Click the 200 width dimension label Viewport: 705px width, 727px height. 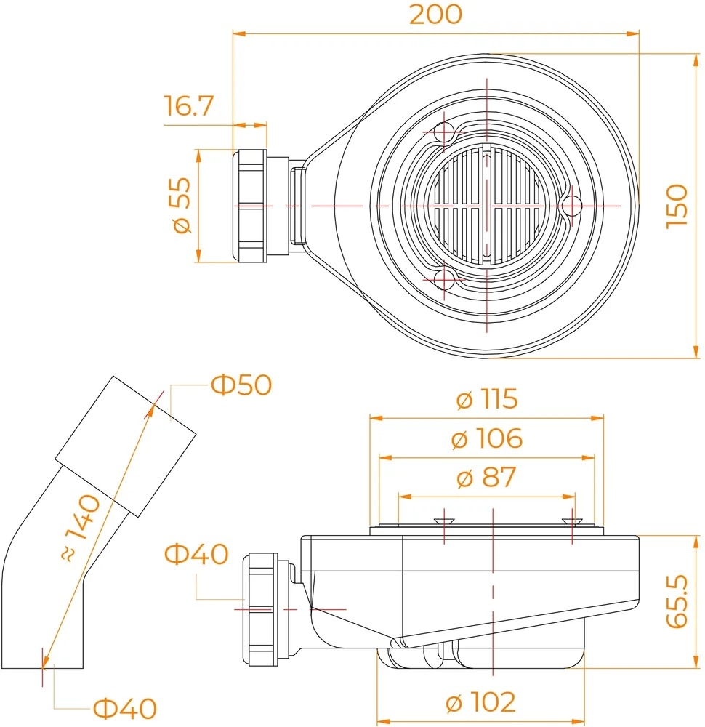(435, 15)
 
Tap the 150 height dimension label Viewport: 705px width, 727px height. (677, 206)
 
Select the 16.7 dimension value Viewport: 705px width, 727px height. (189, 105)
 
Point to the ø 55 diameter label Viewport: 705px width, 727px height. (181, 205)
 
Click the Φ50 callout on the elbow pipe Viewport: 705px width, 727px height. (241, 385)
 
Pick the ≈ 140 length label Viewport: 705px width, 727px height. (81, 529)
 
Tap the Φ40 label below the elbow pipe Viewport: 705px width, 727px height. (125, 708)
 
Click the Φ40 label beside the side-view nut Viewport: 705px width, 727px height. (196, 553)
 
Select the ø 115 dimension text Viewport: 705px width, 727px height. (487, 398)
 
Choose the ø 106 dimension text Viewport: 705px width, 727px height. (487, 438)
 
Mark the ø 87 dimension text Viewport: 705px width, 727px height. (487, 478)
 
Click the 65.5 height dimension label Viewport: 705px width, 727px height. (677, 601)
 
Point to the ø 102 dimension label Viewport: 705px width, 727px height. (480, 702)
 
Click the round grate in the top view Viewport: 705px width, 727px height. (487, 206)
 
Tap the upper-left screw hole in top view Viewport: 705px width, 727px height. (444, 132)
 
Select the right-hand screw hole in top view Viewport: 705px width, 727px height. (573, 206)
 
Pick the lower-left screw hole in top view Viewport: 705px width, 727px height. (444, 279)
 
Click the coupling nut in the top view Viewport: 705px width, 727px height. (249, 206)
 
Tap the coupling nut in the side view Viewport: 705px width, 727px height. (260, 609)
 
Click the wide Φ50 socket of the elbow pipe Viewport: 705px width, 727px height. (126, 446)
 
